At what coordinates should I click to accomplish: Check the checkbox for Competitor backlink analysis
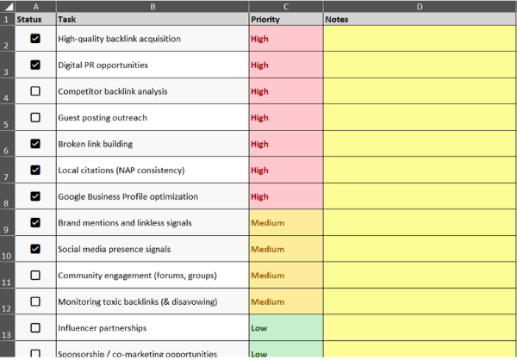35,91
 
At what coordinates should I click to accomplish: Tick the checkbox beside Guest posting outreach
35,117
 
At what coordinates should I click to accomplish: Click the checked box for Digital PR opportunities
35,65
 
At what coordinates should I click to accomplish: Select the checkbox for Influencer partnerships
35,328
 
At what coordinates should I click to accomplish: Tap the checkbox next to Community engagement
35,276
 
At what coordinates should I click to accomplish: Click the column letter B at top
153,7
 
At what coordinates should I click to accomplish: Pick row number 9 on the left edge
7,229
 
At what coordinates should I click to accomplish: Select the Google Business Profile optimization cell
128,196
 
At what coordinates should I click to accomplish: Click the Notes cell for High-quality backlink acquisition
419,39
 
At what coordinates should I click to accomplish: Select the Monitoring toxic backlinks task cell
137,301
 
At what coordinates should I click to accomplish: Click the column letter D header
419,7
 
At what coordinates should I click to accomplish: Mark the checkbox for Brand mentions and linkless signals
35,222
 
